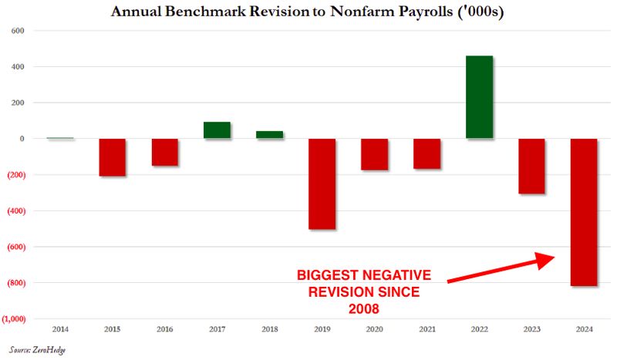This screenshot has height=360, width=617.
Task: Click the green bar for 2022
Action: [479, 97]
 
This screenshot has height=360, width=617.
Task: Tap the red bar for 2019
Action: [322, 183]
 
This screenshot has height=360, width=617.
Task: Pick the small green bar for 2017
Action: [217, 130]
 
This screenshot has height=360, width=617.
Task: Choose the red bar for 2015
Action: [113, 157]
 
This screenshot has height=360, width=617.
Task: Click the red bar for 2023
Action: [531, 166]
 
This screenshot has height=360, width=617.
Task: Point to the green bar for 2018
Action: [269, 135]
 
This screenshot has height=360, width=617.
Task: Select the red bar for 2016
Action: [165, 152]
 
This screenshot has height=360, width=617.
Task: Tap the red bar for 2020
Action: [374, 154]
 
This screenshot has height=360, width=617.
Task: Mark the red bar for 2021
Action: [427, 153]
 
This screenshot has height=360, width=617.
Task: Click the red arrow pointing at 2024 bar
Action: [501, 269]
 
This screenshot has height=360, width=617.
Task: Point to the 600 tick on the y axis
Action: [18, 31]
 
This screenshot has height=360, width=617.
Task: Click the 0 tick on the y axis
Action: [23, 139]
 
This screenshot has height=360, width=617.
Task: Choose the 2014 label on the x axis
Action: [60, 330]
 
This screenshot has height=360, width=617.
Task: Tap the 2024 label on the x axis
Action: [584, 330]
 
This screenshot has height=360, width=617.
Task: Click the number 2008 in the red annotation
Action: [364, 308]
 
